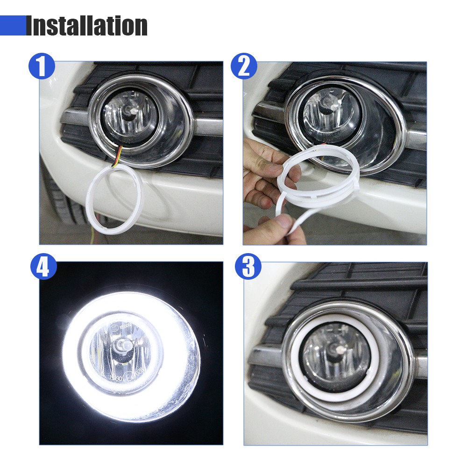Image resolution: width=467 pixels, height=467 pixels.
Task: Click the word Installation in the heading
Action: point(87,26)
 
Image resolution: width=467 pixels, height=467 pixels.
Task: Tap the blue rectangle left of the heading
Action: point(13,26)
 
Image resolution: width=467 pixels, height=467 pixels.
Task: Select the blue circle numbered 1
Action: point(42,66)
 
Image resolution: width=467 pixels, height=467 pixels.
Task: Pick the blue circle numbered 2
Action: point(244,66)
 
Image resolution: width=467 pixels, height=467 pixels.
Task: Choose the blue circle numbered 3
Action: point(248,266)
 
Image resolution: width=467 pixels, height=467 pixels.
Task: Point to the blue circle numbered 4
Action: point(43,266)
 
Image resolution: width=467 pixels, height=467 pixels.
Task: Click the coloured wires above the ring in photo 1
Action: point(117,156)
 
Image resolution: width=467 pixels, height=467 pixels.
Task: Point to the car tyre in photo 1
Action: point(60,205)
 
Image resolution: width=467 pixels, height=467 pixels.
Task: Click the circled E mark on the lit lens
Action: point(129,378)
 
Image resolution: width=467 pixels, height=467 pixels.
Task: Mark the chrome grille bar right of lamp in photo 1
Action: point(208,126)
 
